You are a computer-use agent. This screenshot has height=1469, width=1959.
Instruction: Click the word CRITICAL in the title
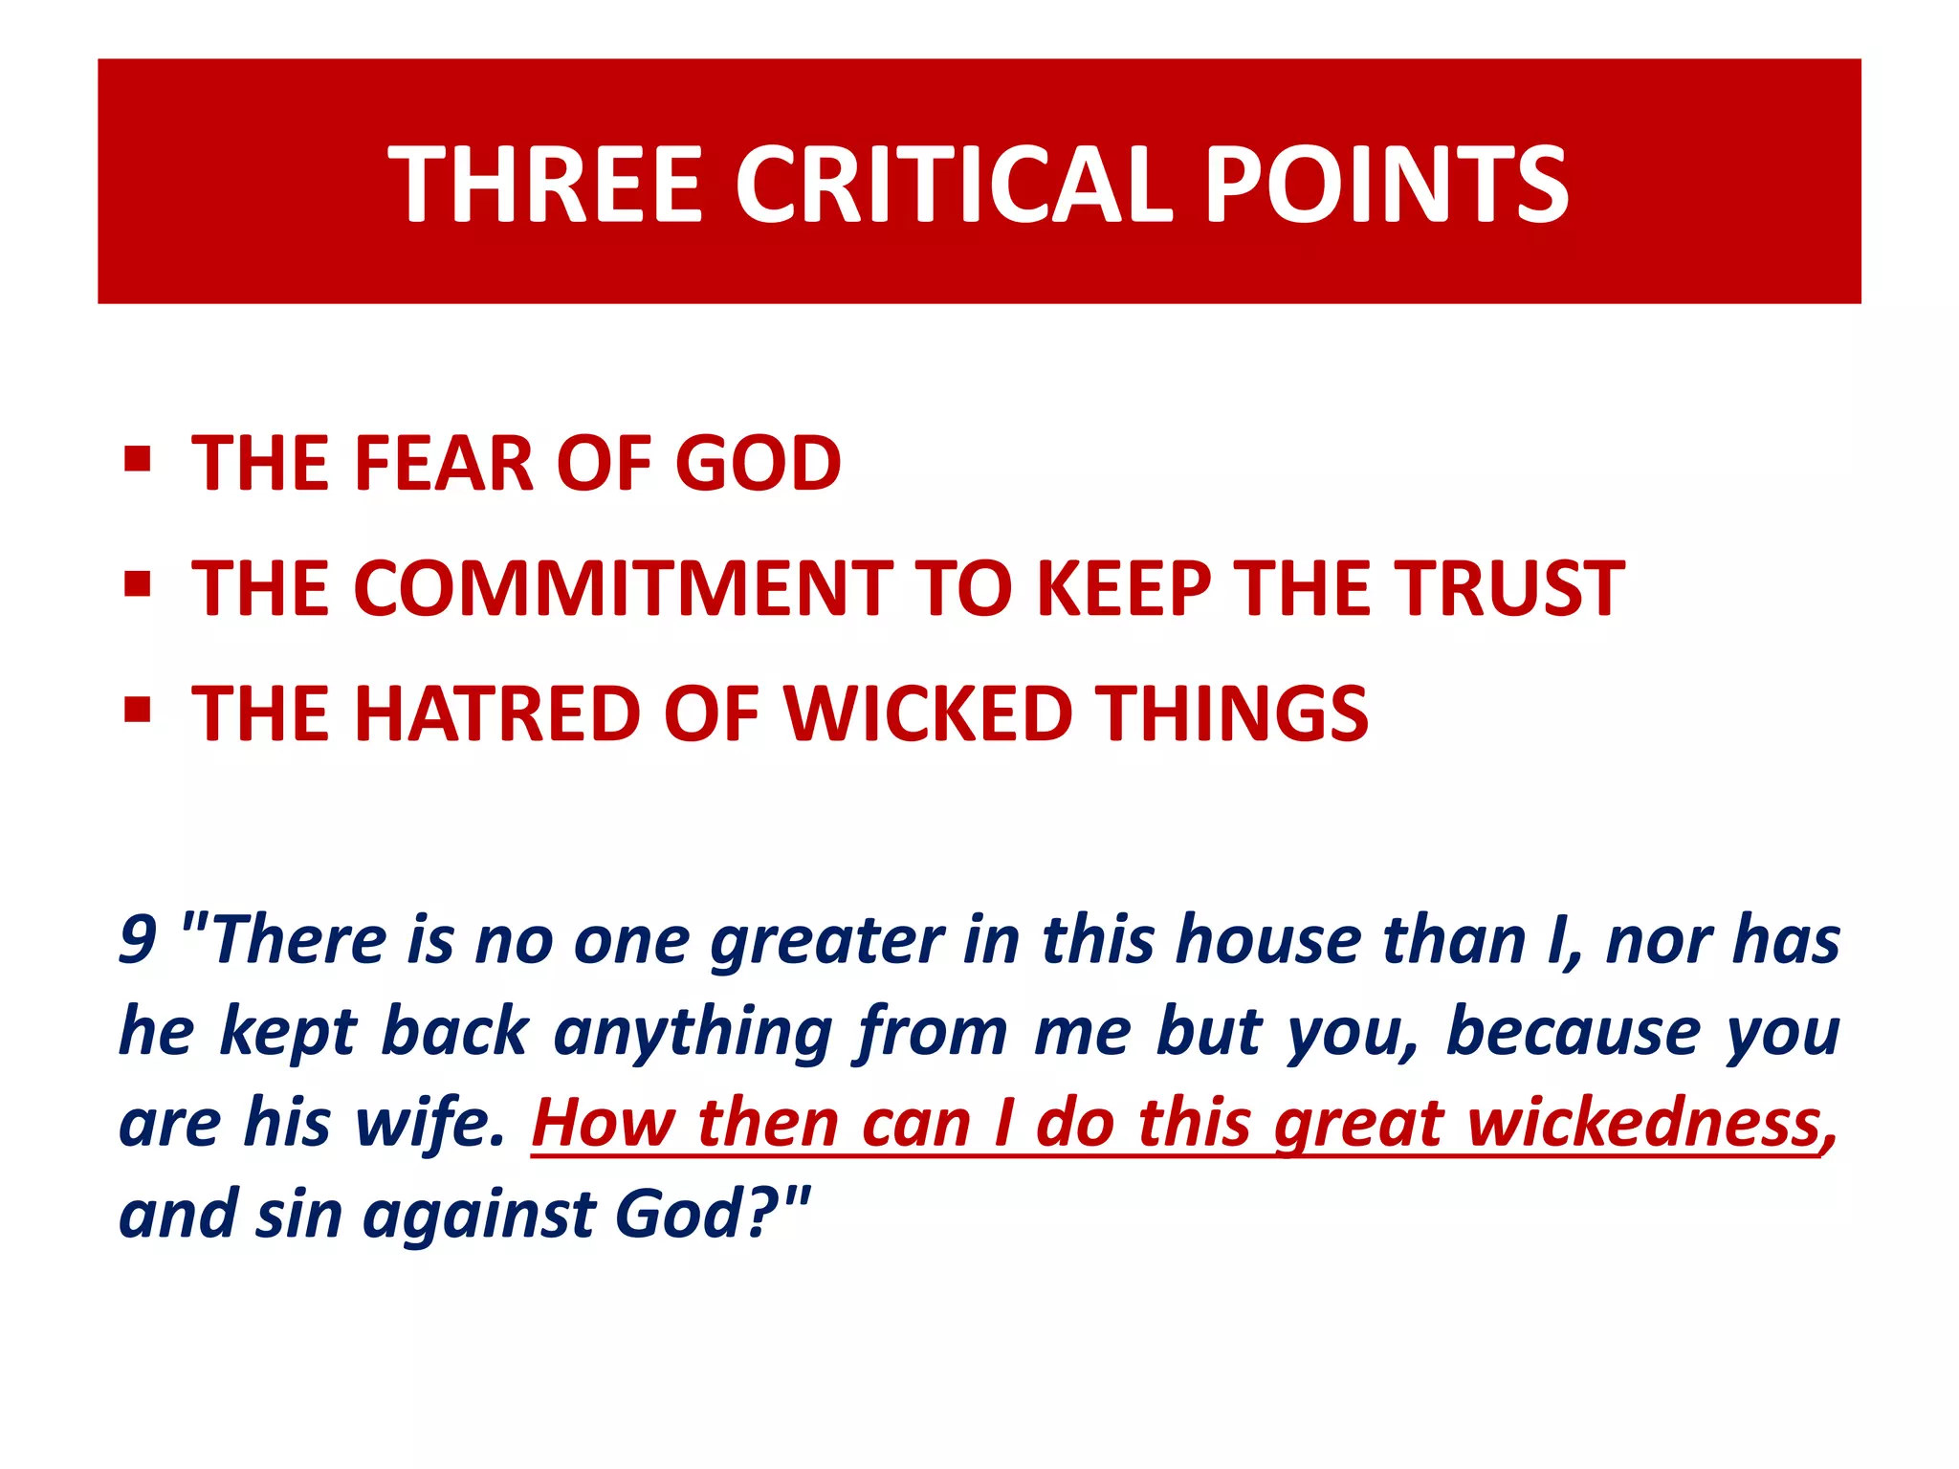953,185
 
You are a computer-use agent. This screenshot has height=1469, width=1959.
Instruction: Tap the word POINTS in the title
1387,185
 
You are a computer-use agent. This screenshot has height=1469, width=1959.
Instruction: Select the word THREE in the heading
545,185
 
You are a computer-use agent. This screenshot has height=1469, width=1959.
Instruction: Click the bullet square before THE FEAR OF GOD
138,460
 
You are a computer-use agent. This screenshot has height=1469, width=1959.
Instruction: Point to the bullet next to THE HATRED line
138,710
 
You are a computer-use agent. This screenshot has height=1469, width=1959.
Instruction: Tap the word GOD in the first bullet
758,464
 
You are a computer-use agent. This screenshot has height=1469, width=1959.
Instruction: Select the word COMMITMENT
623,588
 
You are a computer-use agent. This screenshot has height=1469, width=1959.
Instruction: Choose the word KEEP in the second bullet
1124,588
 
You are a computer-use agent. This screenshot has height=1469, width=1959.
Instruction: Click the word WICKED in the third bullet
928,713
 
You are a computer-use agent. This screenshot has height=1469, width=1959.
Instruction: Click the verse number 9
138,939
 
